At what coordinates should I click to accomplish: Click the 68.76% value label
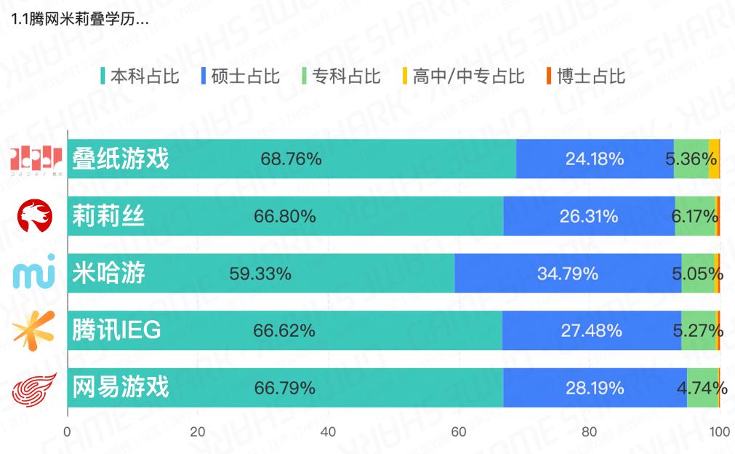click(x=291, y=159)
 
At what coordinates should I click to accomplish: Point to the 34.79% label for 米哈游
click(x=568, y=274)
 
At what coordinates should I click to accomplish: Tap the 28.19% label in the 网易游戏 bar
click(x=595, y=388)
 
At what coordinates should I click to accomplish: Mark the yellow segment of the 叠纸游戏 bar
click(x=714, y=159)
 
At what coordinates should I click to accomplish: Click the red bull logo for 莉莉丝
click(x=35, y=215)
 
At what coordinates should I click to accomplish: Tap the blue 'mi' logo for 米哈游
click(x=34, y=274)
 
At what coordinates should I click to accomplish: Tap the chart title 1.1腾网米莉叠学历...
click(x=80, y=19)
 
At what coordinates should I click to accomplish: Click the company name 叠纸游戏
click(x=121, y=159)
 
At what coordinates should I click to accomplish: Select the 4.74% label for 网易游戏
click(x=702, y=388)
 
